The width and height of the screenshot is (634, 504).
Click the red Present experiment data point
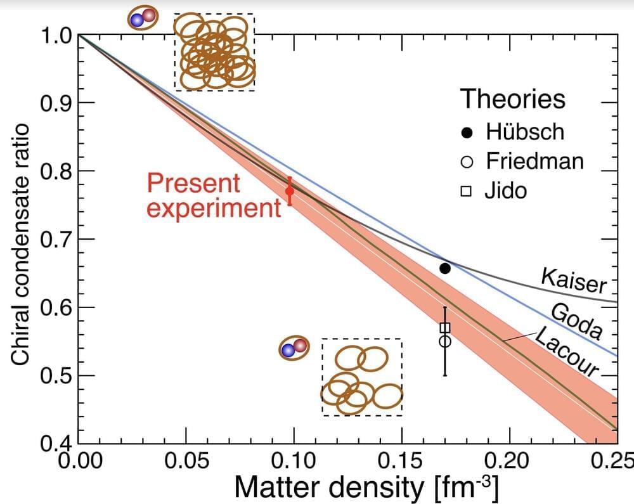point(290,191)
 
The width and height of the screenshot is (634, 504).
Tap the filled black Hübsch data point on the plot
point(445,268)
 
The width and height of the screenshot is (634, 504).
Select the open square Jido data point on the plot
point(445,328)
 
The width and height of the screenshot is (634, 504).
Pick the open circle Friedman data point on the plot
point(445,341)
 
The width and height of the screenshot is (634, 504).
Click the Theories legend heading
point(512,100)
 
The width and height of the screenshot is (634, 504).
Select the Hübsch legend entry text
point(525,132)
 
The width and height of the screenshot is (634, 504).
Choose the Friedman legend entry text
point(534,161)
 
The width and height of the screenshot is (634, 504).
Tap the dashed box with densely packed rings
point(214,52)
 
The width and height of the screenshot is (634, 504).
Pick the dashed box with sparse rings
point(361,377)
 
